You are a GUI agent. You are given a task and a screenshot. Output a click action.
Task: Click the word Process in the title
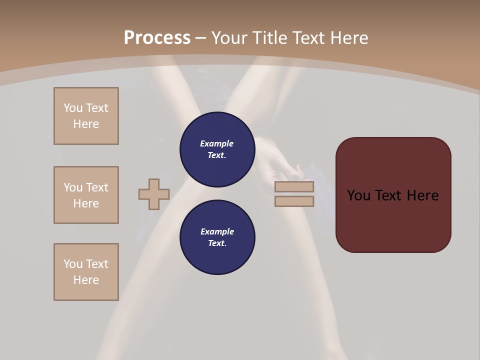pos(157,38)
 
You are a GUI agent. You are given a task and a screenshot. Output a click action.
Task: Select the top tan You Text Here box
pos(86,116)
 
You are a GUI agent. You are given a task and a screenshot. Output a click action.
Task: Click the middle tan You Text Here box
pos(86,195)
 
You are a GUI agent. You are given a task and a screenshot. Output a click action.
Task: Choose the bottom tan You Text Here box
pos(86,272)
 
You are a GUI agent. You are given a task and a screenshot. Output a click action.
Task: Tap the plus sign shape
pos(154,194)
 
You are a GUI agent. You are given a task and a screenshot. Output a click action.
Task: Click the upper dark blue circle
pos(217,149)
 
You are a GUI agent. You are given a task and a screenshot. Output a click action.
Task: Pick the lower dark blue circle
pos(217,237)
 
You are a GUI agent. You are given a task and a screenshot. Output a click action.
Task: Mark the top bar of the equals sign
pos(294,187)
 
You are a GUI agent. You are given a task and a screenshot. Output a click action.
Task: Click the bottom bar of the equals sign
pos(294,201)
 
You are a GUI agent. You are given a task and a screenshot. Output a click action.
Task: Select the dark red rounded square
pos(393,195)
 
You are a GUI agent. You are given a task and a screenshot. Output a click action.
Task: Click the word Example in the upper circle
pos(217,143)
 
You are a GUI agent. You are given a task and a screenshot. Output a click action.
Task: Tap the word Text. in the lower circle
pos(217,243)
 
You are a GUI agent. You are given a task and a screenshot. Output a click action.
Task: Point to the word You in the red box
pos(358,195)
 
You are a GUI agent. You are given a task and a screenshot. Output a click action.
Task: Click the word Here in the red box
pos(422,195)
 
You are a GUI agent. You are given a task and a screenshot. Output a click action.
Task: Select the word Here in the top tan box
pos(86,124)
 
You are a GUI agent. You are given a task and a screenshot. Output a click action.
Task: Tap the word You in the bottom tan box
pos(73,264)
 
